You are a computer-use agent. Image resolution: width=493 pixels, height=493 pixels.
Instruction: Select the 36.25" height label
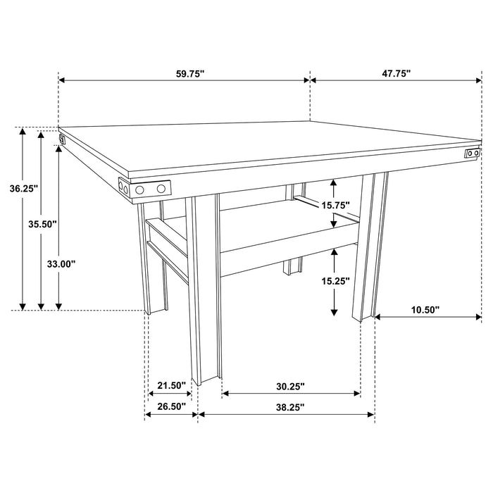tap(24, 188)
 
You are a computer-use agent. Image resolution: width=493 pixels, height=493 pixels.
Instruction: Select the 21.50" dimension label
tap(171, 385)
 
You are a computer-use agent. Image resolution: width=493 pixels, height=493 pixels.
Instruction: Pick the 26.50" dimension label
tap(171, 406)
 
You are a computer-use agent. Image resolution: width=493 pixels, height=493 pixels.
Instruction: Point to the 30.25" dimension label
tap(290, 385)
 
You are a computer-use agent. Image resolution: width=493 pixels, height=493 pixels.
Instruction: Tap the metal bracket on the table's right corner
tap(472, 153)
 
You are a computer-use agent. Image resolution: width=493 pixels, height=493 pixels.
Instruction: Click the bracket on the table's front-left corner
tap(145, 189)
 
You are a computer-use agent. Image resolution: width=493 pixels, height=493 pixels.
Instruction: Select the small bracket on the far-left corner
tap(62, 139)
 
